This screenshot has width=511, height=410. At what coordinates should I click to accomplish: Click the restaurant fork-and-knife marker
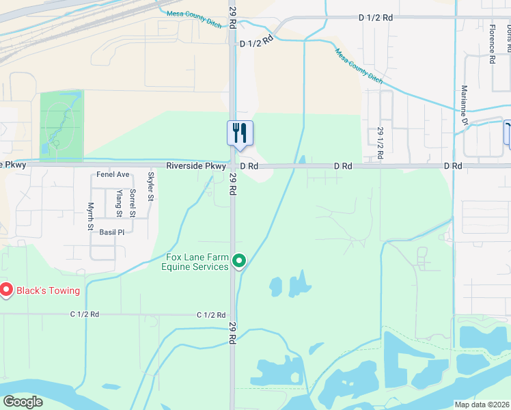240,133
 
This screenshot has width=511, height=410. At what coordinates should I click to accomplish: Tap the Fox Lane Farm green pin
239,261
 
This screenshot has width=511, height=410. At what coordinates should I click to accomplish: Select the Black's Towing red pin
6,290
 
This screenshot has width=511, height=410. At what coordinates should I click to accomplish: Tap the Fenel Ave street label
113,175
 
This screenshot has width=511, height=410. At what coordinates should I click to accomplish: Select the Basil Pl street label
112,232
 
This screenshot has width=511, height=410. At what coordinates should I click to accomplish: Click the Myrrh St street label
90,216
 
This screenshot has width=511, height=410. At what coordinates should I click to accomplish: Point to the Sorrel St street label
133,203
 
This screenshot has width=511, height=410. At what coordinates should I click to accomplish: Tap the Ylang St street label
119,203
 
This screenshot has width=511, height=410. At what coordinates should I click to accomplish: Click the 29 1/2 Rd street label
381,143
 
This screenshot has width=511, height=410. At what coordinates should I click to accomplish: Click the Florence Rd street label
491,44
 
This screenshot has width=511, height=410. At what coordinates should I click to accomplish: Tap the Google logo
23,402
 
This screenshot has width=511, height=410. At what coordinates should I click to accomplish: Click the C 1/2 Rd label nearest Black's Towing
85,314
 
